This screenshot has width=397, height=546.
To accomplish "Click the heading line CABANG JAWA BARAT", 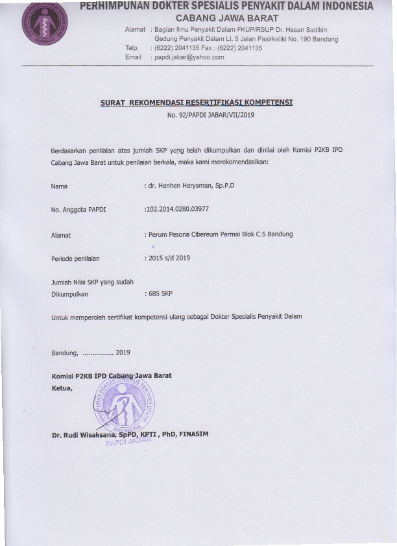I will pos(227,18).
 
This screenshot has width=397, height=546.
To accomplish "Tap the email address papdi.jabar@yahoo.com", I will pos(189,57).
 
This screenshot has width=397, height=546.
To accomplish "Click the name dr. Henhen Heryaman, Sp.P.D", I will pos(191,186).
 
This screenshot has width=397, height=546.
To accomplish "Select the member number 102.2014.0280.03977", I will pos(177,209).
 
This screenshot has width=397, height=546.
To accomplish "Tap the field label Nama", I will pos(59,186).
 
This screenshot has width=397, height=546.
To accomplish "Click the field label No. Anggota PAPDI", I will pos(78,210).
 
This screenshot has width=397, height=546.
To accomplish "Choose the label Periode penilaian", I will pos(75,258).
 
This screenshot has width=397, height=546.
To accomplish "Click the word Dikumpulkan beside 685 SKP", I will pos(69,293).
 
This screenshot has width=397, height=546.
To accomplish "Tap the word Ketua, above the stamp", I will pos(62,388).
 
